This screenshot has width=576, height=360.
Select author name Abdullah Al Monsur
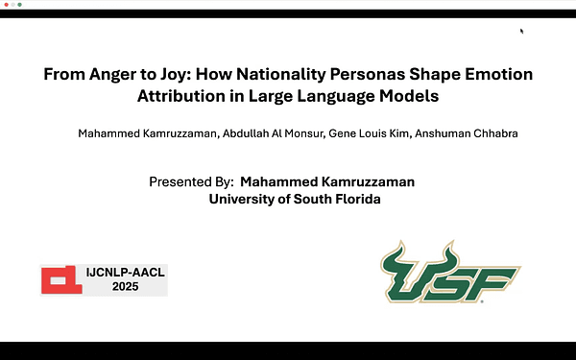[x=273, y=133]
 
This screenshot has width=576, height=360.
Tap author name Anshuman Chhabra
[x=470, y=133]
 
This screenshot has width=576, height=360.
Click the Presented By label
[x=192, y=181]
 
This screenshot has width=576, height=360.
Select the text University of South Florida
[x=295, y=199]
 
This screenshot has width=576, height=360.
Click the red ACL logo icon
[x=60, y=279]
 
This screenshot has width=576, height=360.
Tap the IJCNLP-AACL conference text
[x=126, y=273]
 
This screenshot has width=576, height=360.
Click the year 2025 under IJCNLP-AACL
[x=126, y=287]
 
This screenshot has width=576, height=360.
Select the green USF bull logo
[x=448, y=273]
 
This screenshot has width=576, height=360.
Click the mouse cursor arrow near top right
[x=521, y=31]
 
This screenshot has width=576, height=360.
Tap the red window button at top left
[x=5, y=5]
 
